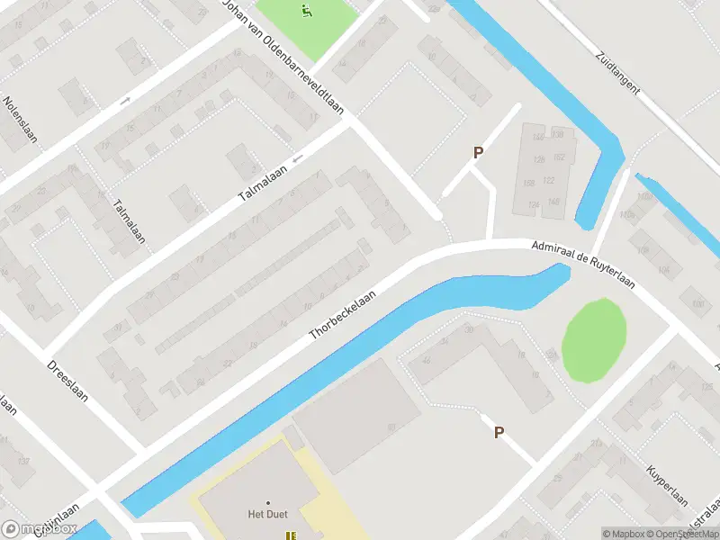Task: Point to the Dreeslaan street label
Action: coord(68,382)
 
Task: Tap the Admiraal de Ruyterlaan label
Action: coord(583,265)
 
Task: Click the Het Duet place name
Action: coord(267,515)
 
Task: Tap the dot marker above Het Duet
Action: coord(267,502)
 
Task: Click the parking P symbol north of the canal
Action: coord(478,153)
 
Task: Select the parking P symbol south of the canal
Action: coord(499,433)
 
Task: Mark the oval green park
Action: coord(594,340)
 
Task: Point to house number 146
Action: coord(539,137)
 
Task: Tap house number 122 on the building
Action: coord(548,180)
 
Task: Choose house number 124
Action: coord(534,205)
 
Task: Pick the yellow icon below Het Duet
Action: coord(290,535)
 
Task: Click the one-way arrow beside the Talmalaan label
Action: coord(297,159)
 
